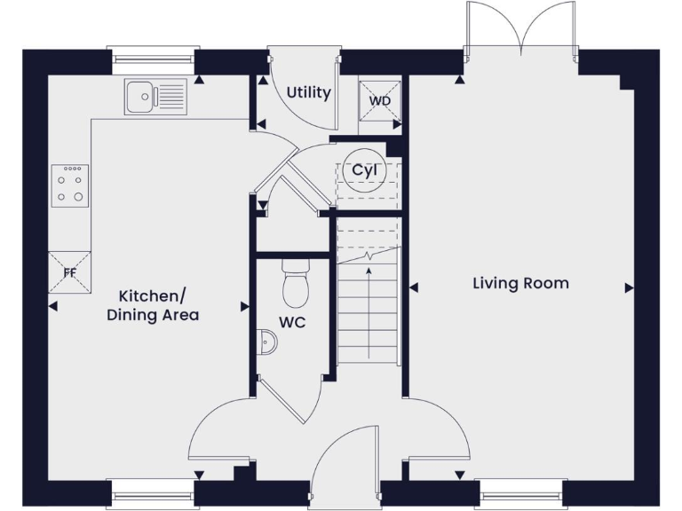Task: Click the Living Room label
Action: pyautogui.click(x=520, y=284)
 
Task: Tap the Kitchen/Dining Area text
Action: pyautogui.click(x=153, y=305)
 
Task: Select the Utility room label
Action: pyautogui.click(x=308, y=92)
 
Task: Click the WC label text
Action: pyautogui.click(x=292, y=322)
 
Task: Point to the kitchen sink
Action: pyautogui.click(x=155, y=97)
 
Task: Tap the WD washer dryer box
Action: pyautogui.click(x=380, y=100)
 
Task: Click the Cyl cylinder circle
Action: pyautogui.click(x=363, y=171)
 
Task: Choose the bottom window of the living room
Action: pyautogui.click(x=520, y=492)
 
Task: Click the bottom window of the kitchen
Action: pyautogui.click(x=151, y=492)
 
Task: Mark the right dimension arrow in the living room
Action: pyautogui.click(x=630, y=287)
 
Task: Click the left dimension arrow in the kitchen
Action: pyautogui.click(x=52, y=307)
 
